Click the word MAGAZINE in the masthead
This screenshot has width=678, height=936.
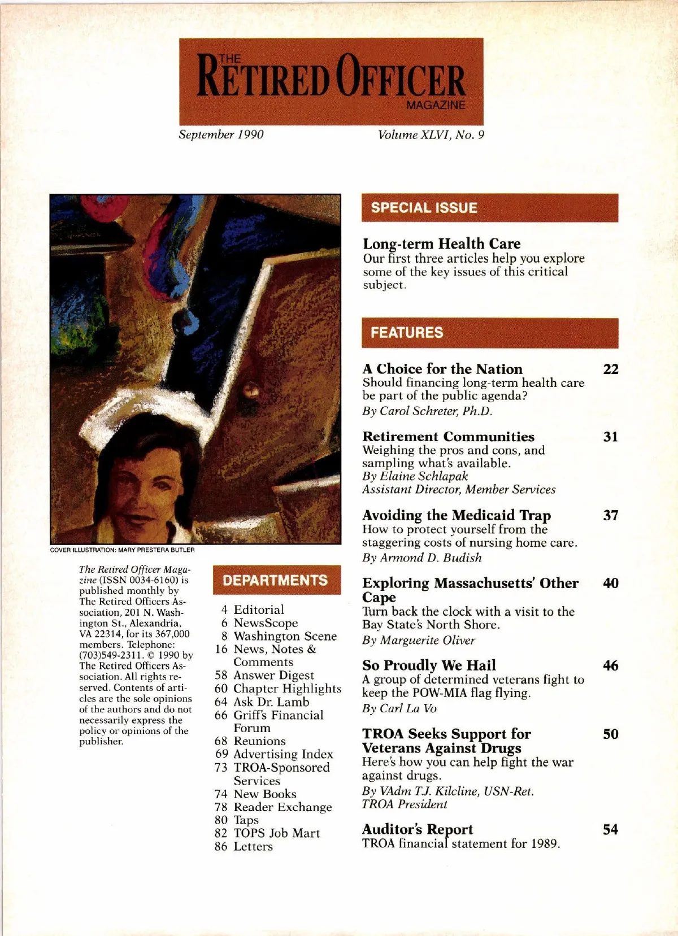[436, 105]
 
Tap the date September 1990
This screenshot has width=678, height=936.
[221, 134]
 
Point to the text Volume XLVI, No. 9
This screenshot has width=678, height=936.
[431, 134]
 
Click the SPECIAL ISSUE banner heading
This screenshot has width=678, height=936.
[424, 208]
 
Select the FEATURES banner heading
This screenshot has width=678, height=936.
[407, 333]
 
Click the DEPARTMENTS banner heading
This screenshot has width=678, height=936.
[275, 580]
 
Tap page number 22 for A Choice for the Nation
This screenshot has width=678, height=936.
[611, 369]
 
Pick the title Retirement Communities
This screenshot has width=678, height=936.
[448, 437]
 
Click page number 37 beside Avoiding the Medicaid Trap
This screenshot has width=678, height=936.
[611, 515]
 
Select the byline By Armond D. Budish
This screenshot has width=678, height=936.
[422, 558]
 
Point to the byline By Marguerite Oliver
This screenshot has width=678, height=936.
[419, 640]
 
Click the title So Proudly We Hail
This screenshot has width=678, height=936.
[429, 665]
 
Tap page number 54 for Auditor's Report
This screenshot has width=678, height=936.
[610, 830]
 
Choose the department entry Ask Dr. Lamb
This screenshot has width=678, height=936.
[271, 702]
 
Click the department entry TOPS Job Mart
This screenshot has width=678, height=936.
[276, 833]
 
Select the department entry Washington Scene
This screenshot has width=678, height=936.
[285, 636]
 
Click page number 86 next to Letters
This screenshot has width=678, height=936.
[221, 847]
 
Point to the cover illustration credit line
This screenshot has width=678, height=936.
[122, 550]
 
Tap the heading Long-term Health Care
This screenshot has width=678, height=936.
[441, 244]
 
